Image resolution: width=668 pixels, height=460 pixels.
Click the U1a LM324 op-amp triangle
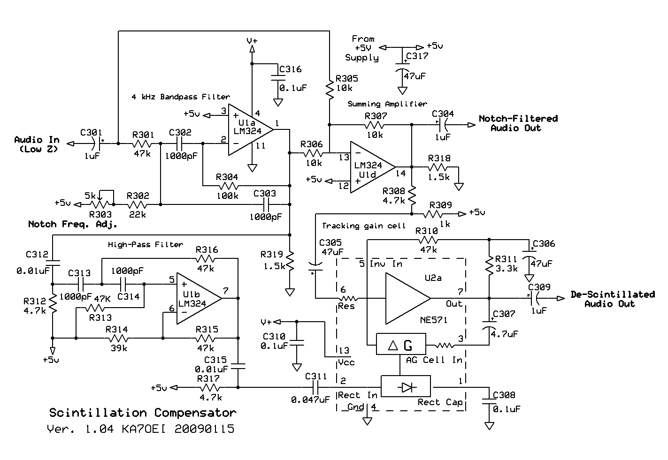click(x=251, y=129)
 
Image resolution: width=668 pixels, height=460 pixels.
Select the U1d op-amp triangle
click(x=372, y=167)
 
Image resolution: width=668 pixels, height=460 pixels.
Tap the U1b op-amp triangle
click(x=199, y=298)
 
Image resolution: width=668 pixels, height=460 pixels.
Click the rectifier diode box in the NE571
click(x=406, y=386)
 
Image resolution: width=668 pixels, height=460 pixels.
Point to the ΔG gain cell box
click(x=401, y=344)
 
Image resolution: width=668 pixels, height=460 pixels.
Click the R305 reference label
click(x=346, y=78)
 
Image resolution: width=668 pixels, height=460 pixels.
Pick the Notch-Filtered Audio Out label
click(x=518, y=123)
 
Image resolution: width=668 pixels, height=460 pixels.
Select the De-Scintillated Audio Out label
click(x=613, y=299)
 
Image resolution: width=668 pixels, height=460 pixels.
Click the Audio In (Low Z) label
click(x=37, y=144)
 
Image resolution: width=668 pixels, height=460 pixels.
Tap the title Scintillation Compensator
click(x=143, y=413)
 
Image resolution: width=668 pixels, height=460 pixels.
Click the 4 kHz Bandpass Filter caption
click(x=181, y=97)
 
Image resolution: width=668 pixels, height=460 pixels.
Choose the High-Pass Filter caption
click(x=146, y=245)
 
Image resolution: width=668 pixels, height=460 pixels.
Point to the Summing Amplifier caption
click(x=387, y=104)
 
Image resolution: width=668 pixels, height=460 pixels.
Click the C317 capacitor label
click(x=417, y=56)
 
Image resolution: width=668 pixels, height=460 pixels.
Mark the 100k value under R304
click(x=228, y=196)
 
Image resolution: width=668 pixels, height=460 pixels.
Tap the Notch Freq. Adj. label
click(x=72, y=224)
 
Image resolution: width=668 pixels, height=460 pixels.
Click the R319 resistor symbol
click(x=290, y=261)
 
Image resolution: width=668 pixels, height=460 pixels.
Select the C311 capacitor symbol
click(x=316, y=388)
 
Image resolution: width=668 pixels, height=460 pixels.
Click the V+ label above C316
click(x=252, y=40)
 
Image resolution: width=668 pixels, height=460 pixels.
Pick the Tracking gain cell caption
click(x=364, y=226)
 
